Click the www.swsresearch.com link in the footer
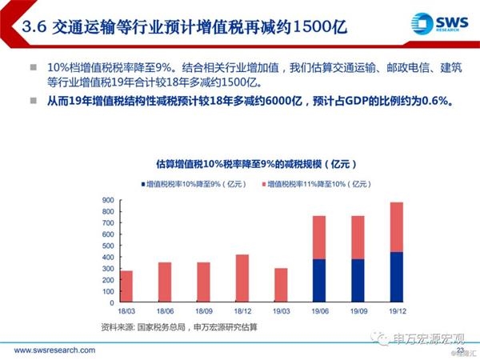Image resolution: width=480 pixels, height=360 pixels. pos(53,350)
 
